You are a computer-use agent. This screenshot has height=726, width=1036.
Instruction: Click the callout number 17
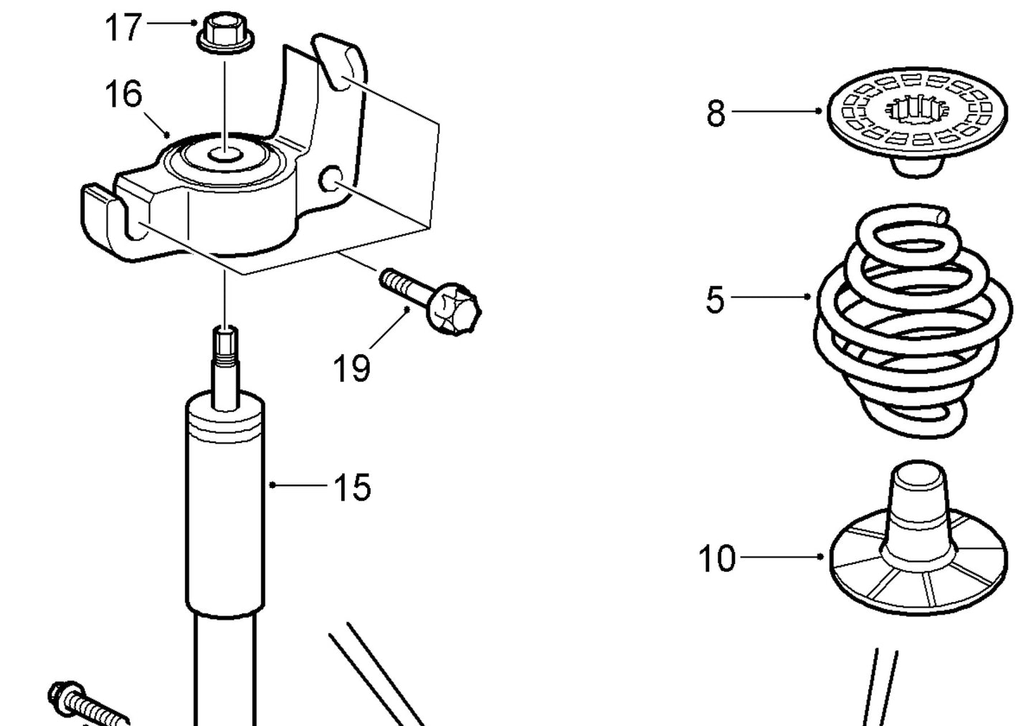coord(123,28)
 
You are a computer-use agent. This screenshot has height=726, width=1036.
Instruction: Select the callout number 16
coord(123,94)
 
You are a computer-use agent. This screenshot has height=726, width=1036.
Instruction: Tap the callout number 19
coord(351,368)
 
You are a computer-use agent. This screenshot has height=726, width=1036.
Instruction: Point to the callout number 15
coord(352,487)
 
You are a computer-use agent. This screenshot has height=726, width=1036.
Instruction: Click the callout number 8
coord(716,113)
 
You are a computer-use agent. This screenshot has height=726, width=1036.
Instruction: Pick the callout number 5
coord(715,300)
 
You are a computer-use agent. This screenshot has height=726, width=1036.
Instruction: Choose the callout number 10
coord(716,558)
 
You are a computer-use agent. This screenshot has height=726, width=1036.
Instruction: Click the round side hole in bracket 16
coord(331,178)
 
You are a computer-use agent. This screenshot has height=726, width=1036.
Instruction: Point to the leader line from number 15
coord(298,485)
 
